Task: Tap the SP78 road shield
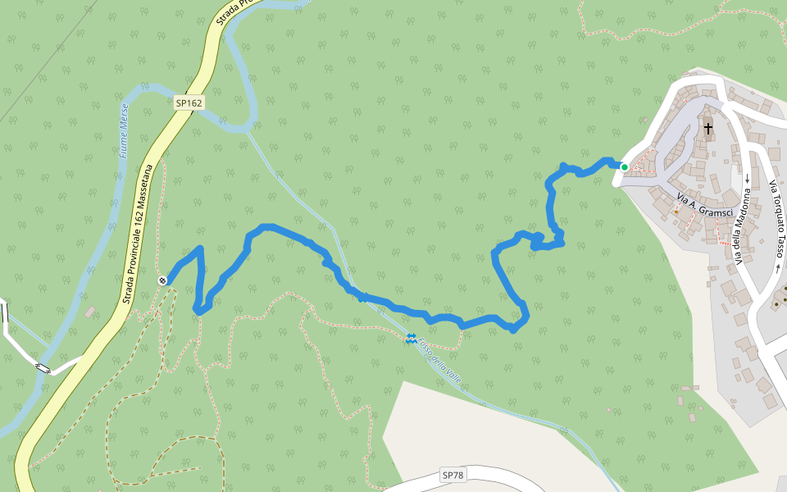coord(453,475)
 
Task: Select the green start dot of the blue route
coord(624,167)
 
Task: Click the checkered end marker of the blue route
coord(163,280)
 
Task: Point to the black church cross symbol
coord(707,128)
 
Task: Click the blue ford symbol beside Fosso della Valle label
coord(411,339)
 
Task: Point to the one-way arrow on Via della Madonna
coord(748,178)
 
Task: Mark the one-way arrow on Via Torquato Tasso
coord(777,267)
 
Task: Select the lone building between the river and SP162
coord(89,312)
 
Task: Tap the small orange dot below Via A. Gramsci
coord(676,212)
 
